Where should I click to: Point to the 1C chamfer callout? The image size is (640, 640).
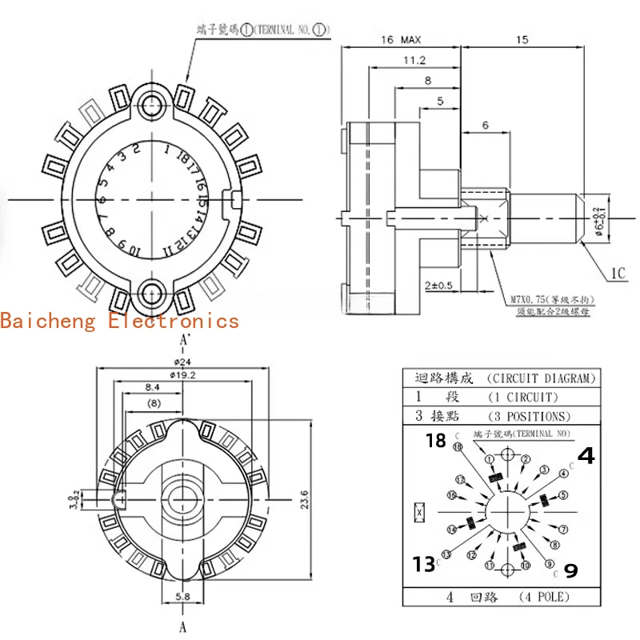click(618, 274)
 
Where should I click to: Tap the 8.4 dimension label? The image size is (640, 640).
click(151, 387)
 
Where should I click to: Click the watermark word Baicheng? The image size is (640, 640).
click(50, 321)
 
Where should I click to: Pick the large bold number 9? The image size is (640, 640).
click(571, 570)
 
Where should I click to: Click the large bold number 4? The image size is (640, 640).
click(586, 456)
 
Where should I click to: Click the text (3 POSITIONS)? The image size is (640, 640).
click(530, 416)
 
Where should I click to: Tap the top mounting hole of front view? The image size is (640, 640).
click(151, 101)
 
